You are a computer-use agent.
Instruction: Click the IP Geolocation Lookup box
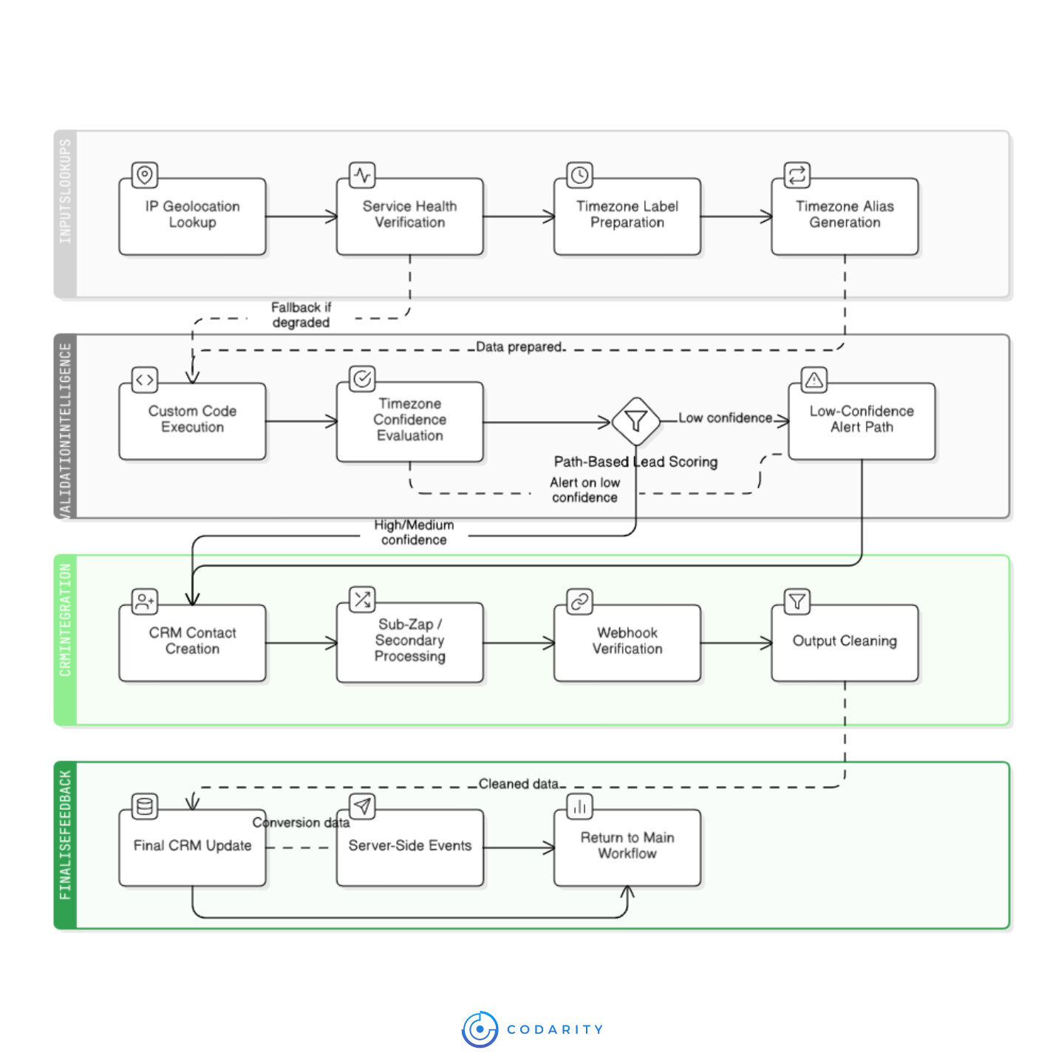point(192,216)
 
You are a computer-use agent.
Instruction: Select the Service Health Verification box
point(409,216)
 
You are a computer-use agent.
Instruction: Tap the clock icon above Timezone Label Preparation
point(579,175)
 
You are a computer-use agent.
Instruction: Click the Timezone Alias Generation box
point(845,216)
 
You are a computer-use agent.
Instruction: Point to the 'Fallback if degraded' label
point(301,315)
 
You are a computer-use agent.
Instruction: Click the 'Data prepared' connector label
point(519,347)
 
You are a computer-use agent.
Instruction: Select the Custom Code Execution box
point(192,420)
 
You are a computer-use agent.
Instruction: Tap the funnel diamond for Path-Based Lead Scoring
point(635,421)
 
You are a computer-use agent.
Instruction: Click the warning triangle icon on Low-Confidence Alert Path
point(814,380)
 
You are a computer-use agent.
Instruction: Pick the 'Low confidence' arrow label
point(725,418)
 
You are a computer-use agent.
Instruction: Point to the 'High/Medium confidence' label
point(414,532)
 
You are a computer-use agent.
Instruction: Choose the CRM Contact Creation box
point(192,642)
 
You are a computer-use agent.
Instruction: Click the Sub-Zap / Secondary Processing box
point(409,641)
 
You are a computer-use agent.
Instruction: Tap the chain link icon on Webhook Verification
point(579,601)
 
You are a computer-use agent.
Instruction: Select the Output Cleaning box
point(845,642)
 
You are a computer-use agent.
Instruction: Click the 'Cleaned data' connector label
point(519,784)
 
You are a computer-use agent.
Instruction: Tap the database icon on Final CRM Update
point(145,806)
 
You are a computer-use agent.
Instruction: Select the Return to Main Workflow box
point(627,847)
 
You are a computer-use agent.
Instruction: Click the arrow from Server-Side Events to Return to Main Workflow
point(519,848)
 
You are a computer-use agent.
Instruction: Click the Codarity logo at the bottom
point(532,1029)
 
